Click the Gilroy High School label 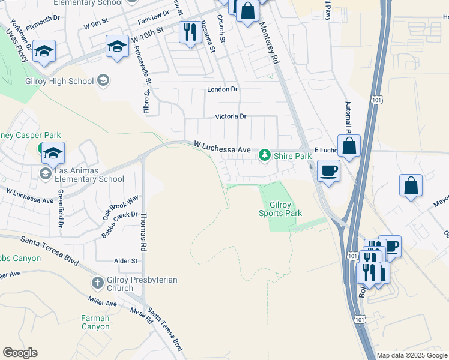click(x=59, y=82)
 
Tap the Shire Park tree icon click(x=264, y=156)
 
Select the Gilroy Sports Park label click(x=280, y=209)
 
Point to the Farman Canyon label click(x=95, y=322)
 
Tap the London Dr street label click(x=222, y=89)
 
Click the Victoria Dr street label click(x=231, y=116)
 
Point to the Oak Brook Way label click(x=120, y=206)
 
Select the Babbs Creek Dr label click(x=119, y=224)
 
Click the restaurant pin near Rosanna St click(x=190, y=32)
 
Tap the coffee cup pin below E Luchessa click(x=328, y=170)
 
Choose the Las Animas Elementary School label click(x=89, y=175)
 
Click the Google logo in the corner click(x=20, y=353)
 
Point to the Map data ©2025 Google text click(x=412, y=355)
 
